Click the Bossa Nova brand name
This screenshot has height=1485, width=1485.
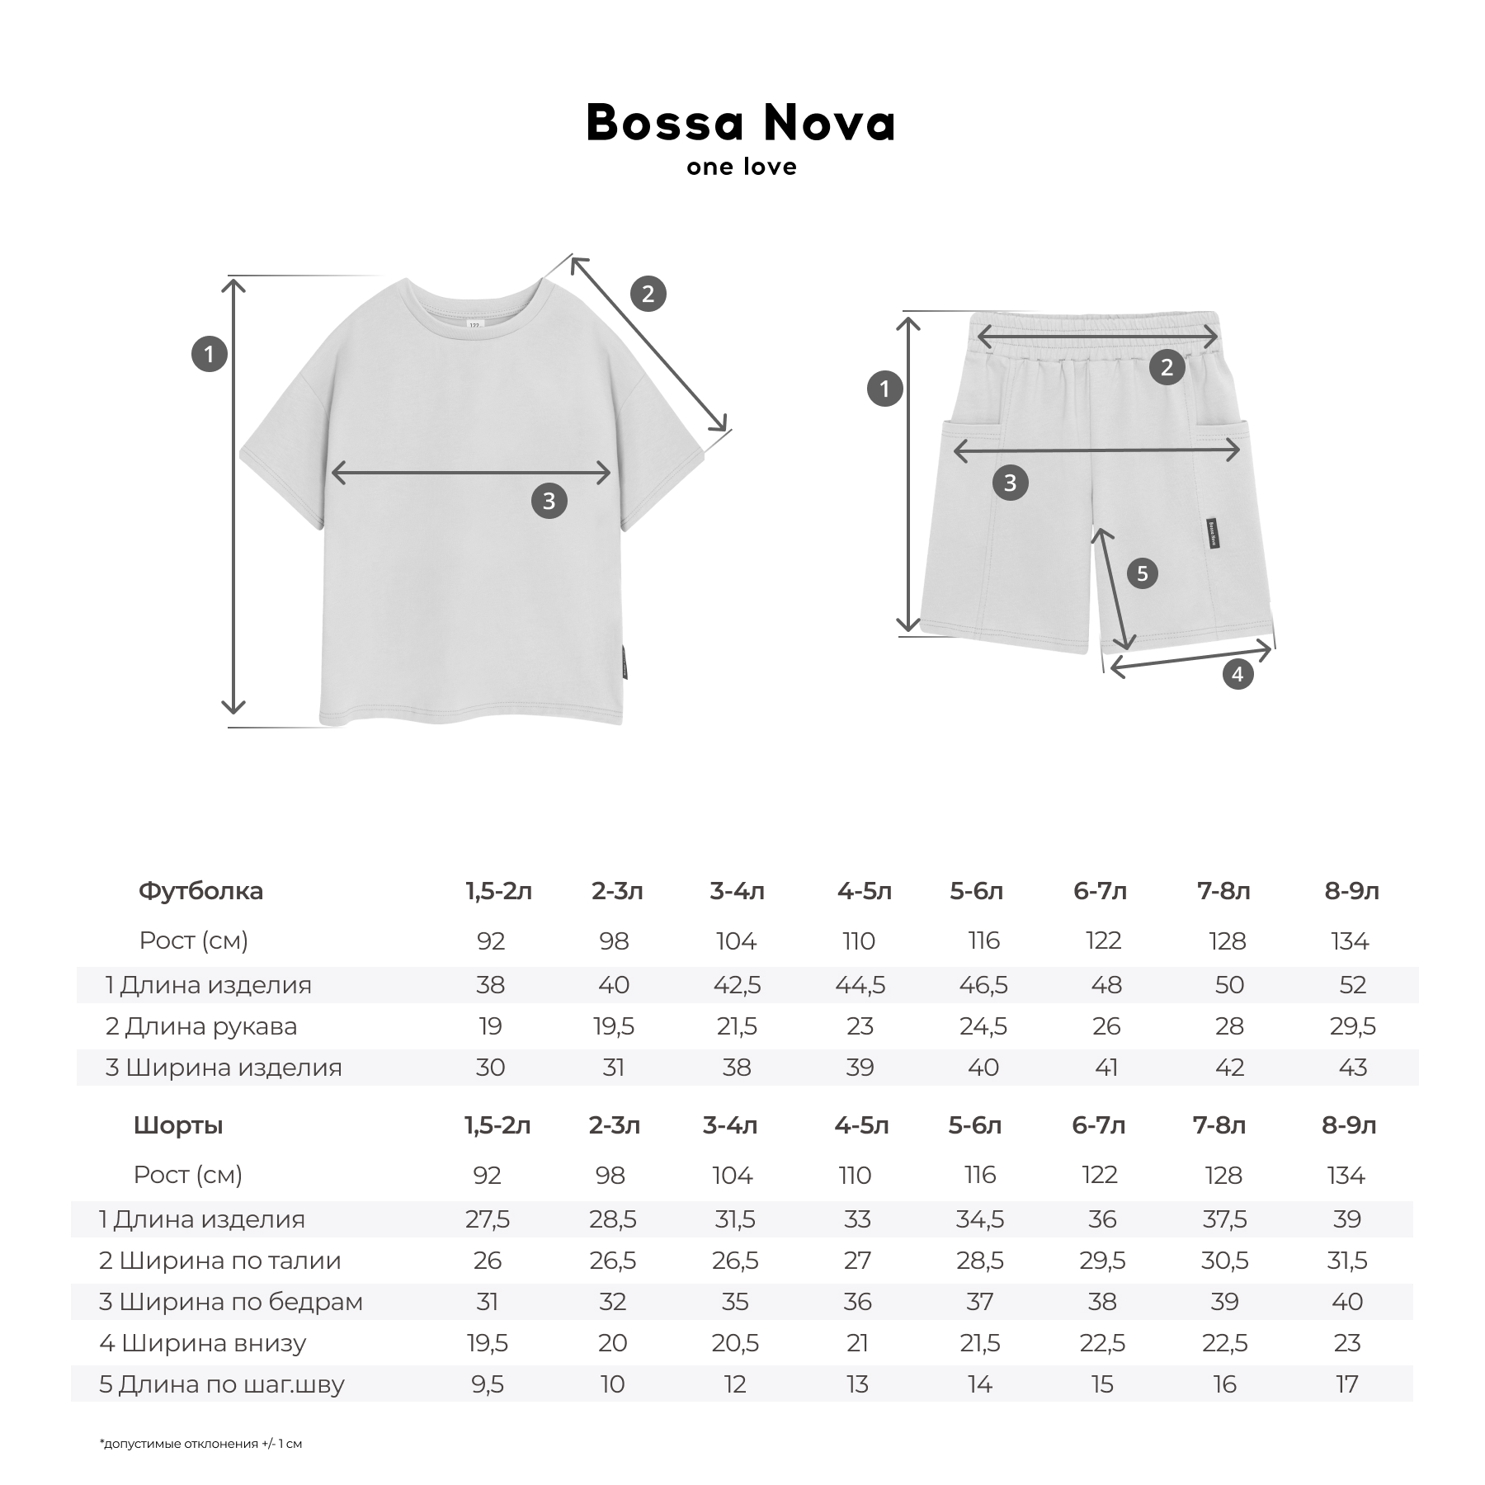click(x=741, y=124)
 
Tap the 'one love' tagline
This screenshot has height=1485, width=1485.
click(x=741, y=167)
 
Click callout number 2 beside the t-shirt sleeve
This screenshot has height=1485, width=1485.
click(x=648, y=294)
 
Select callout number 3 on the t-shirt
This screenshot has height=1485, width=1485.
click(x=549, y=501)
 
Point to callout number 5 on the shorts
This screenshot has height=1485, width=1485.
click(x=1142, y=573)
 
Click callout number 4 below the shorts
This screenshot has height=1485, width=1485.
click(x=1237, y=675)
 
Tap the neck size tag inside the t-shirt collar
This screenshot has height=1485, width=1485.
click(x=474, y=324)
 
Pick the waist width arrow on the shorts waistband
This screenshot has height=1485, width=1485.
click(x=1097, y=337)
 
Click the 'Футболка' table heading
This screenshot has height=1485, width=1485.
click(x=200, y=891)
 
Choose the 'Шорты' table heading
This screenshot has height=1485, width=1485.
click(x=178, y=1125)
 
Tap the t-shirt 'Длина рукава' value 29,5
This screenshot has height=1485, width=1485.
click(x=1352, y=1026)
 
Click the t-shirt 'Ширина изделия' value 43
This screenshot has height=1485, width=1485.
click(x=1352, y=1068)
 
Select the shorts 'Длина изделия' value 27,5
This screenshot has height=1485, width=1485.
click(x=488, y=1219)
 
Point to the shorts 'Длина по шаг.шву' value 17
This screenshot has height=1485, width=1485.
click(x=1346, y=1384)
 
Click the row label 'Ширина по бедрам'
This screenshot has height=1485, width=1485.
click(x=231, y=1302)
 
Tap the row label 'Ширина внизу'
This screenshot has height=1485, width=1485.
click(x=203, y=1343)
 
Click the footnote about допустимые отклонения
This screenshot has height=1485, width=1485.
click(x=200, y=1444)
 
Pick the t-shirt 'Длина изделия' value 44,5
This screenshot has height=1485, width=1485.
click(x=860, y=985)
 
